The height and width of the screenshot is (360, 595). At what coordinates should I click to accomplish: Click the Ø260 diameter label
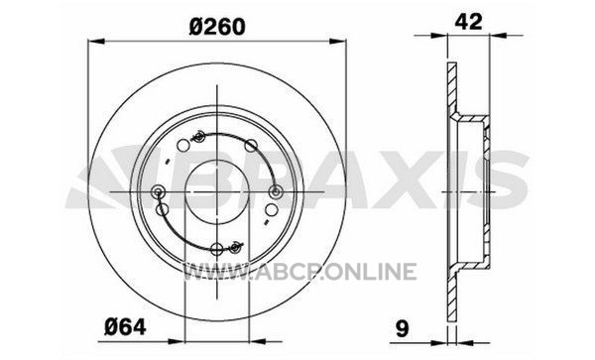click(217, 27)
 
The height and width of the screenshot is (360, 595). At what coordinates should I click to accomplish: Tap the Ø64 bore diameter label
click(125, 326)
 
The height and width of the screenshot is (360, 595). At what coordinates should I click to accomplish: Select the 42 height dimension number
click(468, 21)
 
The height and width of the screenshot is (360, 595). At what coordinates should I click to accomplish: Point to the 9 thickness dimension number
click(403, 328)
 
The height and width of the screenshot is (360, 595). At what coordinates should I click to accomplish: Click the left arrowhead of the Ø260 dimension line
click(96, 41)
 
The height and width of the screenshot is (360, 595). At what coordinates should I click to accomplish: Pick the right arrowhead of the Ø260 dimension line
click(338, 41)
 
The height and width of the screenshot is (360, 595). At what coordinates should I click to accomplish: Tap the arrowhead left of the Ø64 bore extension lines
click(176, 341)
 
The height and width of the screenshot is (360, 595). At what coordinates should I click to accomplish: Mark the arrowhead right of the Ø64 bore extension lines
click(257, 341)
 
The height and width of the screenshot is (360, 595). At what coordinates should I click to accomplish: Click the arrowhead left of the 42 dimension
click(439, 36)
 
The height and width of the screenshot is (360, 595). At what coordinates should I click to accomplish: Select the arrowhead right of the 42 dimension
click(498, 36)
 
